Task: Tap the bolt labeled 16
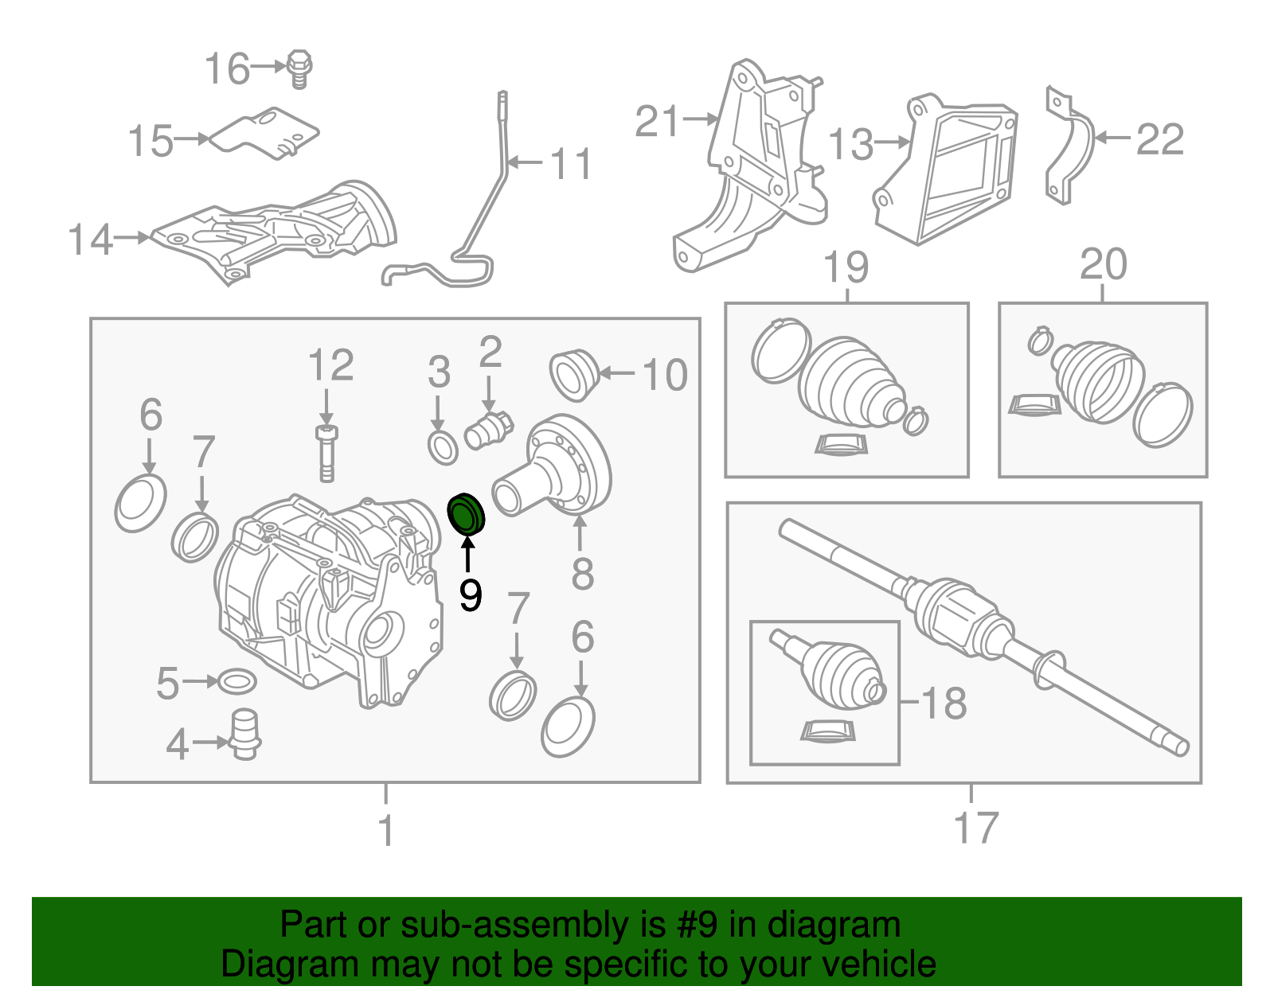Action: pyautogui.click(x=299, y=68)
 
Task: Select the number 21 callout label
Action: pyautogui.click(x=658, y=122)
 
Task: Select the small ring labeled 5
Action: pyautogui.click(x=237, y=682)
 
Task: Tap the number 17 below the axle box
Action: pyautogui.click(x=976, y=828)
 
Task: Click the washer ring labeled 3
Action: pyautogui.click(x=443, y=448)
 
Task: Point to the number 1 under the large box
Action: pyautogui.click(x=386, y=830)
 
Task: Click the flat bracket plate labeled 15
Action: pyautogui.click(x=267, y=133)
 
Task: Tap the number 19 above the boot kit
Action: pyautogui.click(x=846, y=267)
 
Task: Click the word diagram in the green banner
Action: pyautogui.click(x=851, y=926)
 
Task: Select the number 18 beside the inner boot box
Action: pyautogui.click(x=944, y=704)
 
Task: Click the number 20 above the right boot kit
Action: pyautogui.click(x=1103, y=265)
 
